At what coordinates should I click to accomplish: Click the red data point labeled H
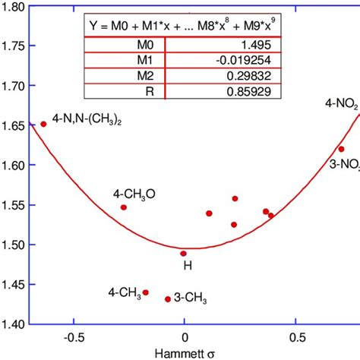tap(183, 254)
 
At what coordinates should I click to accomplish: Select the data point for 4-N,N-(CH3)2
tap(43, 124)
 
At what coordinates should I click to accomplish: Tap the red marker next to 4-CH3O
tap(124, 207)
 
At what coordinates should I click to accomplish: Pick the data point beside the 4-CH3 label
tap(146, 292)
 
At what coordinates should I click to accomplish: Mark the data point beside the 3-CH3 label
tap(168, 299)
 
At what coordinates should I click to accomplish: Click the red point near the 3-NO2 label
tap(341, 149)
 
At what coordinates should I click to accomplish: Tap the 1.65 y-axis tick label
tap(14, 125)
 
